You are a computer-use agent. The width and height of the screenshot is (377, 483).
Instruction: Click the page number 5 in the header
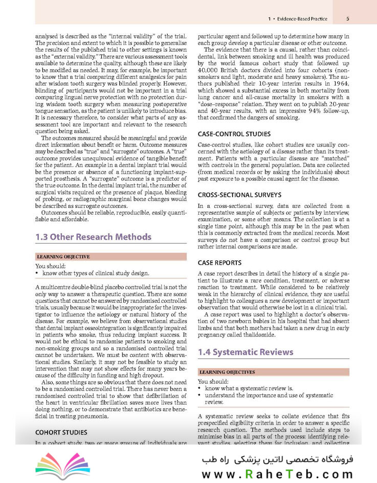point(347,19)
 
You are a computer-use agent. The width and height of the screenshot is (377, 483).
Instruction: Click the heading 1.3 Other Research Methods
point(93,237)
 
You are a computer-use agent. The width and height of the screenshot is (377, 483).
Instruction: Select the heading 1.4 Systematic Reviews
point(245,352)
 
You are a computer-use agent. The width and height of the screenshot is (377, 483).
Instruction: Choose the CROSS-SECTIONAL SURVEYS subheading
point(239,195)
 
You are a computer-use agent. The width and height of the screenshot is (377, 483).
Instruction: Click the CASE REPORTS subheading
point(219,262)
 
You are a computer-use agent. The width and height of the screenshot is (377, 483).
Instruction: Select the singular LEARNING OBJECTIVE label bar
point(63,256)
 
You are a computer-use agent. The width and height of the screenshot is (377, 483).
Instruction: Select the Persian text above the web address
point(284,454)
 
